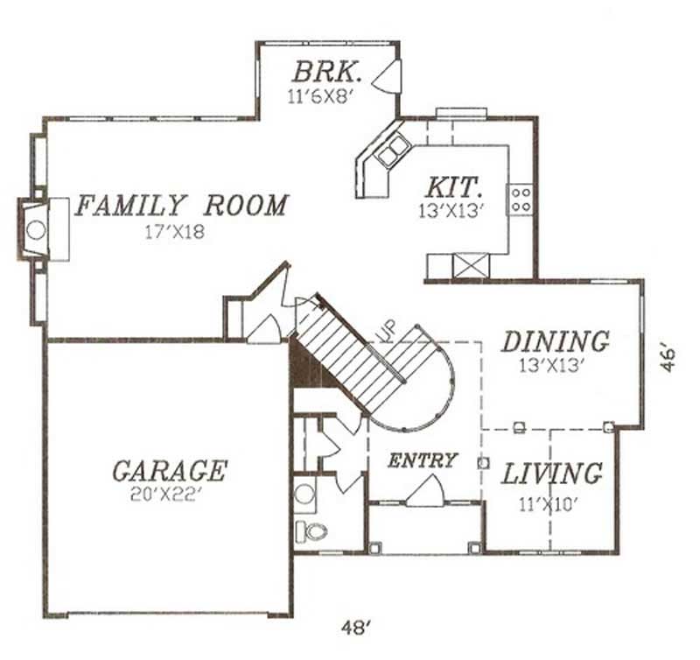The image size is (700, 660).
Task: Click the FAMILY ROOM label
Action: pos(181,206)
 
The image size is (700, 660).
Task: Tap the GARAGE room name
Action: pos(169,471)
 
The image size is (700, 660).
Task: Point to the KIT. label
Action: pos(452,187)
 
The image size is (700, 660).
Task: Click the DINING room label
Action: pos(555,341)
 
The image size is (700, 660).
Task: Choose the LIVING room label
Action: pos(552,474)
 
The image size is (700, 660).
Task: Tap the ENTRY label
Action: pos(423,460)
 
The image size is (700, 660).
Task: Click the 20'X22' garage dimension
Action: pos(169,495)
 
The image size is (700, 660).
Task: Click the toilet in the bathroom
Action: pos(311,530)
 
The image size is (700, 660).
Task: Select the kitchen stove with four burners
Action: pos(521,199)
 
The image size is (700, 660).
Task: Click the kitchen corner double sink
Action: pos(391,151)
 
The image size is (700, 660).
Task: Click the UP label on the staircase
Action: pos(385,332)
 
